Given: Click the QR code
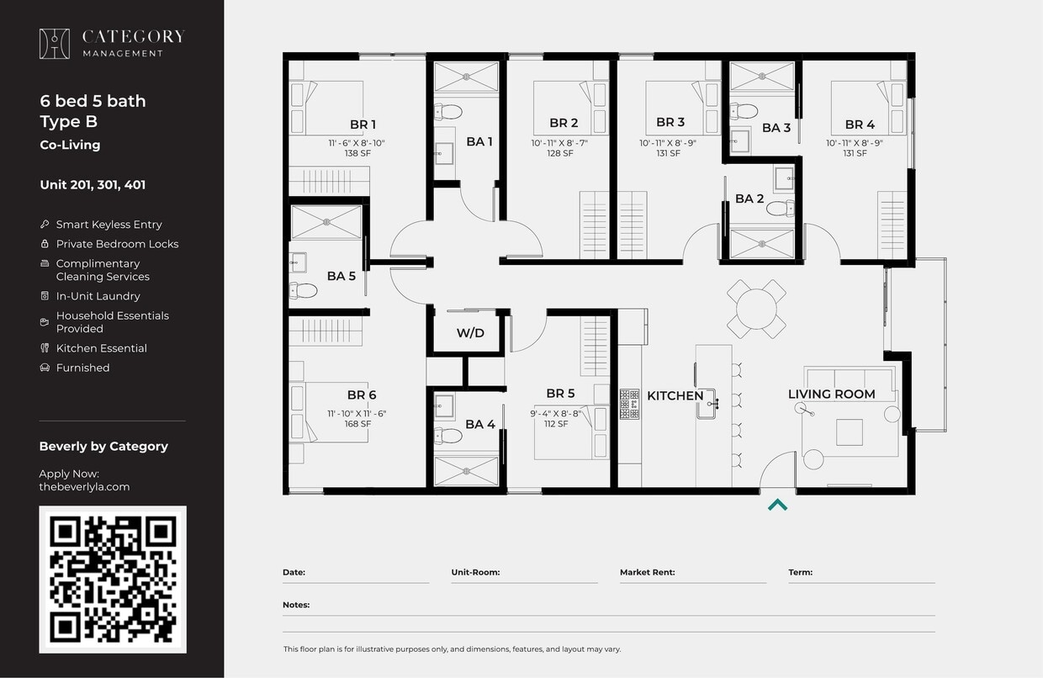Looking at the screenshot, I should tap(113, 579).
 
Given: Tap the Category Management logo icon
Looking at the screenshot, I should tap(55, 44).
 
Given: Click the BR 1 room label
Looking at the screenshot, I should tap(363, 124).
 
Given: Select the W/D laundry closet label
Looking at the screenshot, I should tap(470, 333).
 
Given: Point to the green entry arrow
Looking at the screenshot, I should tap(778, 505).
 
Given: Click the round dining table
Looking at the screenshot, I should tap(756, 309).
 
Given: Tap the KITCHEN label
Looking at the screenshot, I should tap(675, 395).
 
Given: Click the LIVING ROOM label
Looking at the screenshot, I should tap(831, 394).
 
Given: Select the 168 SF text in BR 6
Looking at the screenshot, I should tap(357, 424).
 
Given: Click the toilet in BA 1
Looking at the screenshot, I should tap(449, 112).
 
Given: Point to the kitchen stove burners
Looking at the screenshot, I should tap(629, 404).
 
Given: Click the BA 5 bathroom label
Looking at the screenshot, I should tap(341, 276).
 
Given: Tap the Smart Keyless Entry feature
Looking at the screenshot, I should tap(109, 225).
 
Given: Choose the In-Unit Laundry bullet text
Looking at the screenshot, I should tap(98, 296).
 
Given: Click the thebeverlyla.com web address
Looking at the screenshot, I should tap(84, 487).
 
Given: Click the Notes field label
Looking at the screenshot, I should tap(296, 605).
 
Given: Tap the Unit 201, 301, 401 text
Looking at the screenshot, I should tap(93, 185).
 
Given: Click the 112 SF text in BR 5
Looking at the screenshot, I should tap(555, 424).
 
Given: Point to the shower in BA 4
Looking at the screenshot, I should tap(466, 471).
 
